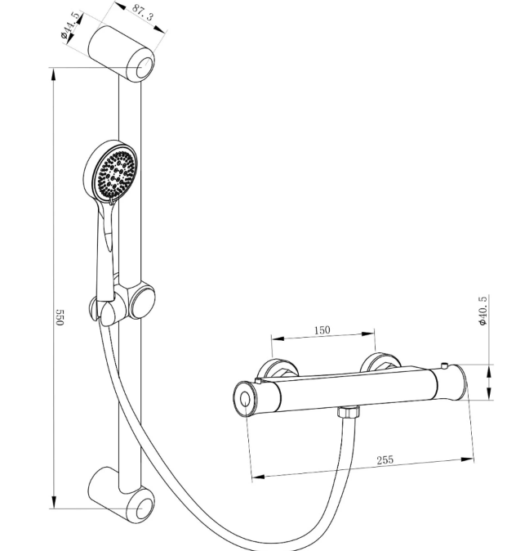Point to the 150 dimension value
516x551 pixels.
(323, 329)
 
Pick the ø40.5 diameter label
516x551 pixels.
(483, 311)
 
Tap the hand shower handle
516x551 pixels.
(105, 253)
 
